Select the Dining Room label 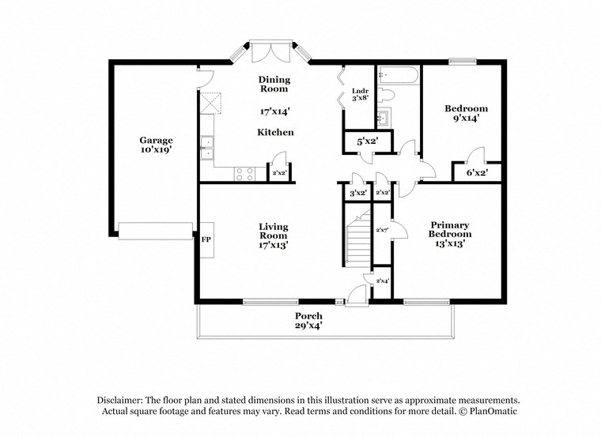point(274,84)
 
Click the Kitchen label point(274,132)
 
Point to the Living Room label point(274,231)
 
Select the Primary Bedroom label point(450,229)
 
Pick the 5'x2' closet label point(365,142)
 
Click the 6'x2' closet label point(476,171)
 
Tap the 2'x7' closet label point(381,230)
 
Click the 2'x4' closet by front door point(381,281)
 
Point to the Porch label point(309,316)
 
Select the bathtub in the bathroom point(399,76)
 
